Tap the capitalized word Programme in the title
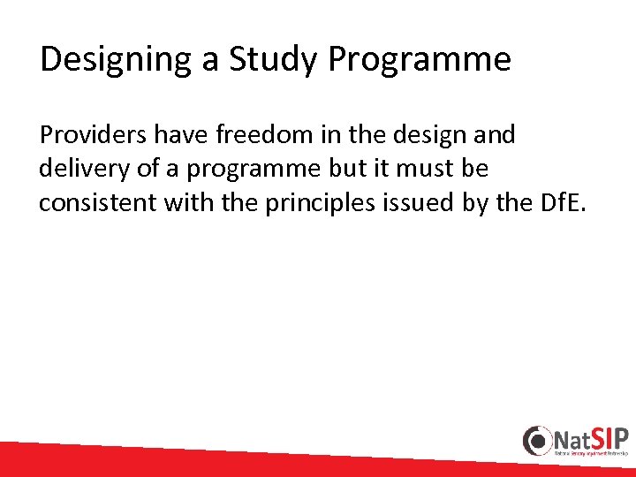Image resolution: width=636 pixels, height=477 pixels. [420, 60]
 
